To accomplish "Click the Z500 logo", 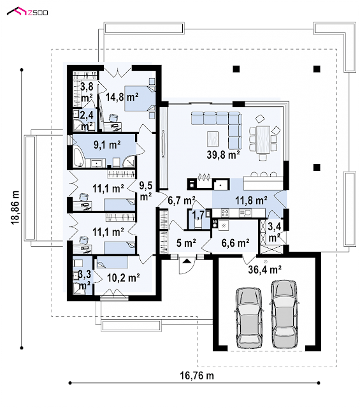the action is point(27,11).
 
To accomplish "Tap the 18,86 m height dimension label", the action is point(15,208).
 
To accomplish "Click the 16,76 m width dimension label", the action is point(197,375).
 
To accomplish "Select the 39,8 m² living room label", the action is point(223,154).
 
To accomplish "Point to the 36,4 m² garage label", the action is point(264,269).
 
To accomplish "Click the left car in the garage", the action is point(248,317).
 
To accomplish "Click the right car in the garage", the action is point(284,314).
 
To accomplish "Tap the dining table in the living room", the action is point(263,140).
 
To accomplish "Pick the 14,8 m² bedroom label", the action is point(122,97).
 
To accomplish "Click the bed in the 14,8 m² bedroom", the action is point(140,98).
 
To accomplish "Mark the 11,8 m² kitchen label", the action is point(251,200).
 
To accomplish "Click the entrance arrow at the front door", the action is point(187,261).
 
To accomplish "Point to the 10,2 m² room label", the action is point(124,278).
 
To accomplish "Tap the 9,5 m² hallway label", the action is point(146,191).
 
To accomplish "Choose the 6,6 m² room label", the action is point(235,243).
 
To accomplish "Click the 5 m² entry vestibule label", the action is point(186,243).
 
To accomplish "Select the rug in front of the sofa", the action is point(213,139).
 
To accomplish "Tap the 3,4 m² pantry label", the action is point(274,232).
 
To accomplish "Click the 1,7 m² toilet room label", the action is point(198,215).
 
